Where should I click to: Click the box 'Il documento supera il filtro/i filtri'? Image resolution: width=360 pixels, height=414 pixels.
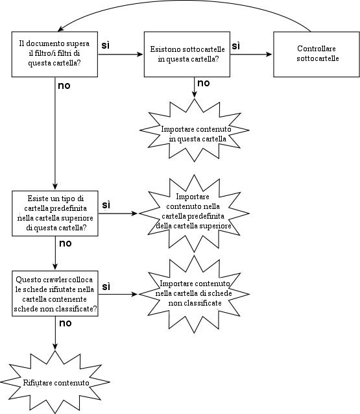54,54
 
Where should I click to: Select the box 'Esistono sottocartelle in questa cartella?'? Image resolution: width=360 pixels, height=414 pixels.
187,54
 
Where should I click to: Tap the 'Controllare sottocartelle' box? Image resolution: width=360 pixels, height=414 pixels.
317,54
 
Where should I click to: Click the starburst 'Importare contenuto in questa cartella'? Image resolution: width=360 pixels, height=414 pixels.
195,130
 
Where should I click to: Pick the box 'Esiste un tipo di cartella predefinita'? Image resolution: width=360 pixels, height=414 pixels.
55,213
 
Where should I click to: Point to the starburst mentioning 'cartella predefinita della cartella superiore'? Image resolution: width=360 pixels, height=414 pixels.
194,213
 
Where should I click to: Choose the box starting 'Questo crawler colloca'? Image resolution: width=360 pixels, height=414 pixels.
55,293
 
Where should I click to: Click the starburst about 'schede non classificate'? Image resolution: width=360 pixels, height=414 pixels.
194,294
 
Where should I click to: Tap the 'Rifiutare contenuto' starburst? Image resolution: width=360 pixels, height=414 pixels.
55,382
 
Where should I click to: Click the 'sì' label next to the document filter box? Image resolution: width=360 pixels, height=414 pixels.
105,45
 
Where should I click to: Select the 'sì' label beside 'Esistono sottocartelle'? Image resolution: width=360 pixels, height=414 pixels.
235,45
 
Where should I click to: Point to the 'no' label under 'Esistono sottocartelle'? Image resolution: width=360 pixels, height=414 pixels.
204,83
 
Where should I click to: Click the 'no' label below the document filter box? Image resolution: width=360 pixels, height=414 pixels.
64,86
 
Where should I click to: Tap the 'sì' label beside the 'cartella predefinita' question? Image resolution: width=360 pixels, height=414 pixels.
106,204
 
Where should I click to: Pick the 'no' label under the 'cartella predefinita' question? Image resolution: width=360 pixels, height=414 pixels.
66,243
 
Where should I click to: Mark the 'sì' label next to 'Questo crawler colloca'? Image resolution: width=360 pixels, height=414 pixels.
106,286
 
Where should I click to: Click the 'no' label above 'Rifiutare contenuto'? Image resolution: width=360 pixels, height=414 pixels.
66,323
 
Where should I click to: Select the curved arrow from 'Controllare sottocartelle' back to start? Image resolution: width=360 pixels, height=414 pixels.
185,1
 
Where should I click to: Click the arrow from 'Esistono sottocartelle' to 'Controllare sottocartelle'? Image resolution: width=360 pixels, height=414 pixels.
251,55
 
